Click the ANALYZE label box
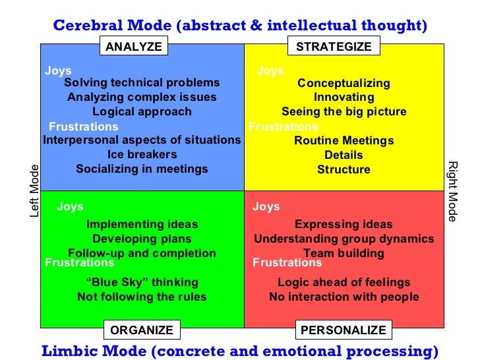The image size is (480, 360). click(133, 46)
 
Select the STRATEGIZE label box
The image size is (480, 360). click(334, 46)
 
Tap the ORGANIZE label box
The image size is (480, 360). click(142, 330)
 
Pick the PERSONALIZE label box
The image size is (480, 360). click(343, 330)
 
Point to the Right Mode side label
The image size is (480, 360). click(452, 191)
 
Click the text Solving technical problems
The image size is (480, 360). click(142, 83)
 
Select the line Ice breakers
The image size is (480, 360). click(142, 154)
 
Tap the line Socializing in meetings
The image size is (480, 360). click(142, 169)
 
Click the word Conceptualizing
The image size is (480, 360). click(344, 83)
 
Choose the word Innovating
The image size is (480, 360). click(344, 97)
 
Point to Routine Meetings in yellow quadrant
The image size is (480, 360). click(344, 140)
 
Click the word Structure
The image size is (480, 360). click(344, 169)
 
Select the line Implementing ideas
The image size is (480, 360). click(142, 224)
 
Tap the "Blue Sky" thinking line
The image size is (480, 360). click(142, 282)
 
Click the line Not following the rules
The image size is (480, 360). click(142, 297)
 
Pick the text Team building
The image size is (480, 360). click(344, 253)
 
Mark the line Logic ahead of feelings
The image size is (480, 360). click(344, 282)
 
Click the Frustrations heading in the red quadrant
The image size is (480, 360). click(287, 262)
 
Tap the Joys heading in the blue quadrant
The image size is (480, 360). click(58, 71)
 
